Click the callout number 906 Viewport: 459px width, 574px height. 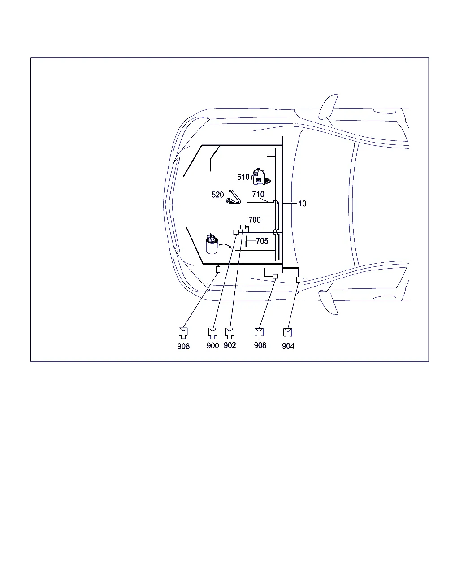tap(183, 346)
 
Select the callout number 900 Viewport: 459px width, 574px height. tap(212, 345)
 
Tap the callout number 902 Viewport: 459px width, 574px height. tap(229, 345)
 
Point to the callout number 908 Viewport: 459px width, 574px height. tap(260, 345)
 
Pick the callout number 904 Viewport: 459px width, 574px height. tap(288, 346)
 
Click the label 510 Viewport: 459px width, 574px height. tap(243, 177)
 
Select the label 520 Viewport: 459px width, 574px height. tap(217, 195)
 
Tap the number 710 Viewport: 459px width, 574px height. tap(258, 194)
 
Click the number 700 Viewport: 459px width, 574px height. tap(255, 220)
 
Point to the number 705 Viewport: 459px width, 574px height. tap(262, 241)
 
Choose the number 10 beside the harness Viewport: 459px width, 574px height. tap(302, 204)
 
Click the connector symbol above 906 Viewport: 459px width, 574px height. tap(183, 333)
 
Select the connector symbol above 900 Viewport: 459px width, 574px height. tap(212, 333)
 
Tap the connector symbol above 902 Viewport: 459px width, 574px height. tap(229, 333)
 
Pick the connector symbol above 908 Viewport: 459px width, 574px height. tap(259, 333)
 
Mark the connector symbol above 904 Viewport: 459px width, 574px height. tap(287, 333)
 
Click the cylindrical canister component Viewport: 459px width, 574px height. tap(212, 244)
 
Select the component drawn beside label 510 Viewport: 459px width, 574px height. tap(261, 176)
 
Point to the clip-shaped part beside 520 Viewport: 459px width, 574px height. tap(234, 197)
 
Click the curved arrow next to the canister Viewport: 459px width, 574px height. tap(225, 244)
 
